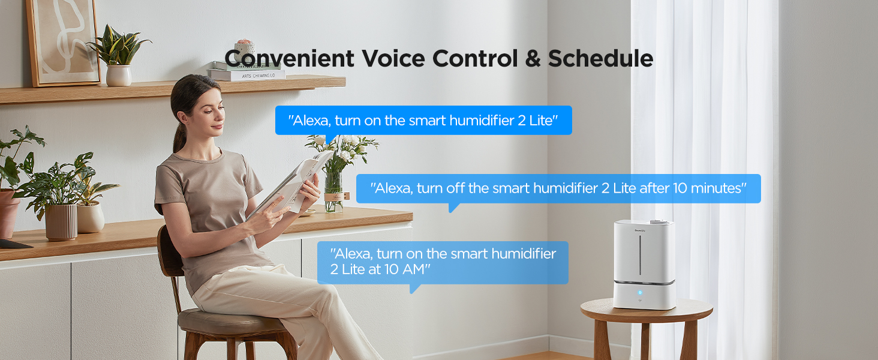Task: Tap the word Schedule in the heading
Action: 600,59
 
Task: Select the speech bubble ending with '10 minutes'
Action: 558,188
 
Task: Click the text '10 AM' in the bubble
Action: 399,269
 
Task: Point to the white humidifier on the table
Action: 645,264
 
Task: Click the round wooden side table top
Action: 647,310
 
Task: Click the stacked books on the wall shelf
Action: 247,73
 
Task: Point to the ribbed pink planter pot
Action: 61,221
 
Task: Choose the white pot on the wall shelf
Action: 119,75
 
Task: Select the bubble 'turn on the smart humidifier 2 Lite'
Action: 423,120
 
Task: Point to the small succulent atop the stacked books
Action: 244,47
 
